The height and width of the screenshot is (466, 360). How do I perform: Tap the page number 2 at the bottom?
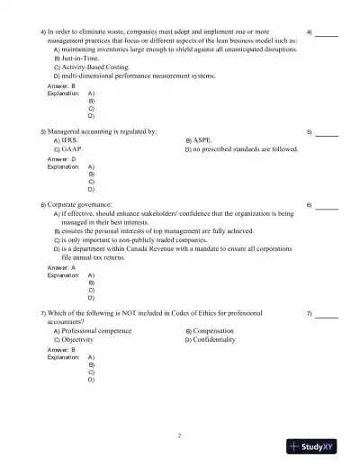180,436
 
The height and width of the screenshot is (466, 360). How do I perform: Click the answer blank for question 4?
327,34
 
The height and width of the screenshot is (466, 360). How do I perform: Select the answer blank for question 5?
327,133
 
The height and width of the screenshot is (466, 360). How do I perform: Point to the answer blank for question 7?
327,315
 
